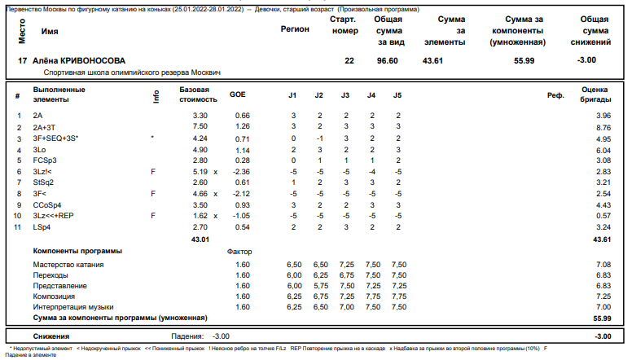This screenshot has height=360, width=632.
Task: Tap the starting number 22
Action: pyautogui.click(x=349, y=60)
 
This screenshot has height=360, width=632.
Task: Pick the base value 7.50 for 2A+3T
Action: pyautogui.click(x=200, y=127)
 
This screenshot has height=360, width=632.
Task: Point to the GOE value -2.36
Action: pyautogui.click(x=241, y=173)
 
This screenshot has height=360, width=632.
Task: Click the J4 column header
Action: pyautogui.click(x=371, y=95)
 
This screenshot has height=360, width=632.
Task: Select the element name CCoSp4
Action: pyautogui.click(x=46, y=205)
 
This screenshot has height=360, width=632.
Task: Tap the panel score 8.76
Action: pyautogui.click(x=603, y=127)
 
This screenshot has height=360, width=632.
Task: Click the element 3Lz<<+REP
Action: pyautogui.click(x=53, y=217)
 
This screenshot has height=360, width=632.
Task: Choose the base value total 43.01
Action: pyautogui.click(x=200, y=239)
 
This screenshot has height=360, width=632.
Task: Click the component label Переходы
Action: pyautogui.click(x=50, y=276)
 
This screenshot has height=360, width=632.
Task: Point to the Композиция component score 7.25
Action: pyautogui.click(x=603, y=296)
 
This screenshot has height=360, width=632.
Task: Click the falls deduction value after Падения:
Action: pyautogui.click(x=221, y=336)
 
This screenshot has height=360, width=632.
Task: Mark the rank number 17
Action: pyautogui.click(x=21, y=60)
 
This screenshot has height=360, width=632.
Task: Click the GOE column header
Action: pyautogui.click(x=238, y=95)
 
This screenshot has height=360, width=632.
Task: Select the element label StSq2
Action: pyautogui.click(x=43, y=183)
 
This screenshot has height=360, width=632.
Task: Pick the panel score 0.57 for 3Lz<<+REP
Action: pyautogui.click(x=603, y=217)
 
